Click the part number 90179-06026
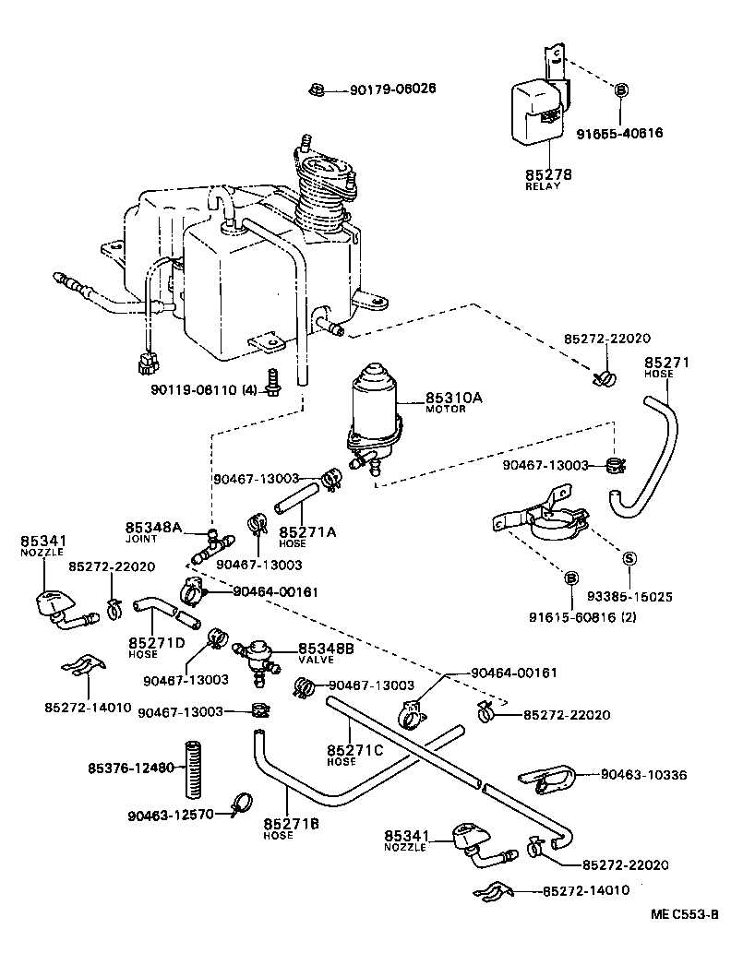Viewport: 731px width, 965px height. pyautogui.click(x=392, y=89)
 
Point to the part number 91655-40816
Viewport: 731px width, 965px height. pyautogui.click(x=620, y=133)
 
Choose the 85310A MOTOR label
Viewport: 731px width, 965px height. pyautogui.click(x=454, y=402)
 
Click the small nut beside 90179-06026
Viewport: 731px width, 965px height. pyautogui.click(x=315, y=89)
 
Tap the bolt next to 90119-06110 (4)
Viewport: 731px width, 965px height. pyautogui.click(x=272, y=381)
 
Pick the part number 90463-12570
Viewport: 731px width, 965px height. pyautogui.click(x=171, y=815)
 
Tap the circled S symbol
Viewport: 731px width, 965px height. pyautogui.click(x=629, y=558)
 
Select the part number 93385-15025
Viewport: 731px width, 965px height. pyautogui.click(x=629, y=597)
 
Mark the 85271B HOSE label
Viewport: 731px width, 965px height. pyautogui.click(x=292, y=828)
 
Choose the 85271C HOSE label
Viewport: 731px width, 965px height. pyautogui.click(x=354, y=754)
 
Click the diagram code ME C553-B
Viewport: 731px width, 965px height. pyautogui.click(x=684, y=914)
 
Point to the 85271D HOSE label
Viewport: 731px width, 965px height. pyautogui.click(x=156, y=645)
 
